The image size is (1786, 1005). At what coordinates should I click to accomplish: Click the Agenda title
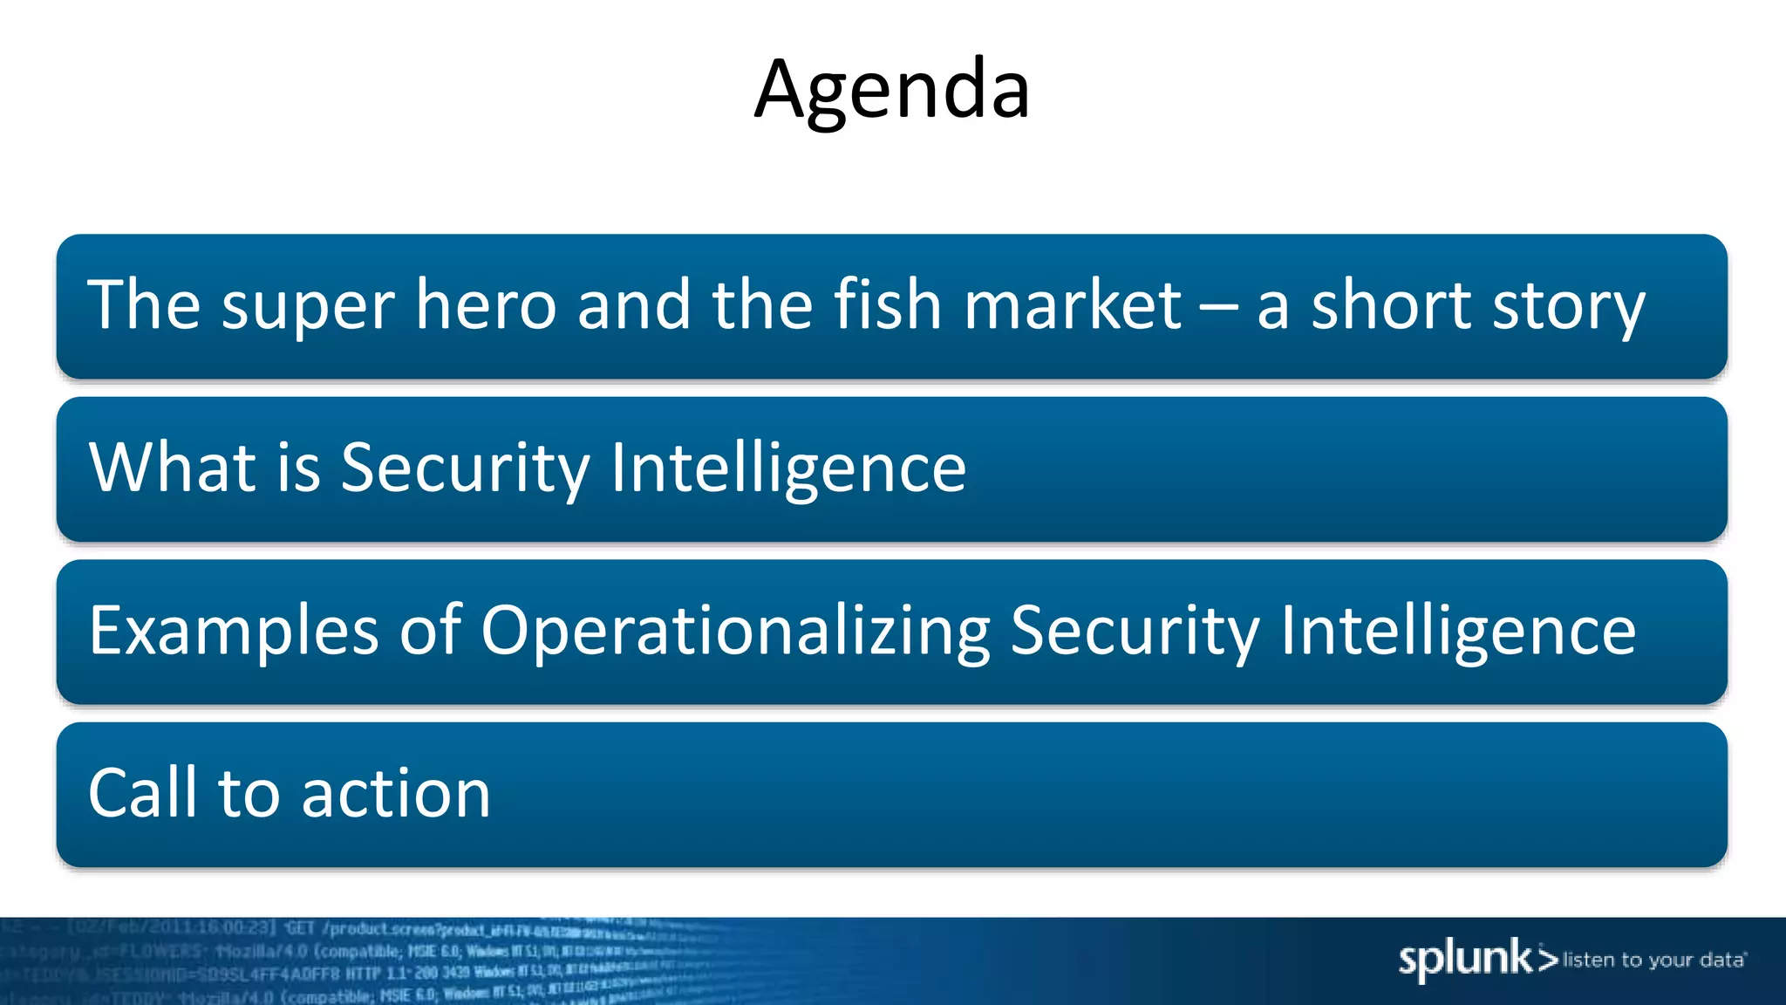(891, 89)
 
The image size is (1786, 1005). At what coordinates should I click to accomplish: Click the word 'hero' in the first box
(485, 304)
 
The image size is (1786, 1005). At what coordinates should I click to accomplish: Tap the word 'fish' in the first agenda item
(887, 304)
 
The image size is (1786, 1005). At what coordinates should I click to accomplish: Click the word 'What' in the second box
(173, 467)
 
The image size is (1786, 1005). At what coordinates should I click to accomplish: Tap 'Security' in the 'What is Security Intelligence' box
(465, 468)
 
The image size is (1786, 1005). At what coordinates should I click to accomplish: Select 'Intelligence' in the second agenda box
(787, 468)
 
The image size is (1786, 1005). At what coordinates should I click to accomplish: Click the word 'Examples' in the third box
(234, 631)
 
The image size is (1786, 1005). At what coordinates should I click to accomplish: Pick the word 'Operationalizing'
(735, 631)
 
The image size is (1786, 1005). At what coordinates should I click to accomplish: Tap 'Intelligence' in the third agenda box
(1457, 631)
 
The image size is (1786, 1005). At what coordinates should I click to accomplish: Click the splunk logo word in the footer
(1465, 959)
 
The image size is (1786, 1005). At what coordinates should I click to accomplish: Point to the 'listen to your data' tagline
(1653, 961)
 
